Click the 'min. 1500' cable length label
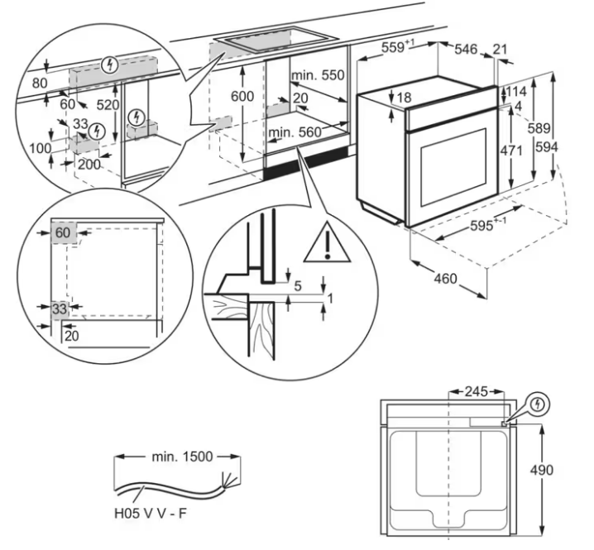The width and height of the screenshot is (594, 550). coord(182,457)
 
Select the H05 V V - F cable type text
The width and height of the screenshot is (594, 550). coord(151,514)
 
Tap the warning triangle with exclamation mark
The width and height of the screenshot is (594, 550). coord(328,243)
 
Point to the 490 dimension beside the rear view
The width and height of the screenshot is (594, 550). coord(541,470)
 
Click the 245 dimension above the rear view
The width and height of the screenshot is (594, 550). coord(477,391)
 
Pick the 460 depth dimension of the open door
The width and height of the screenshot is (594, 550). coord(445,279)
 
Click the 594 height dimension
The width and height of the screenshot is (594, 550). coord(547,146)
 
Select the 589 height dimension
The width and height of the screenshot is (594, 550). coord(539,128)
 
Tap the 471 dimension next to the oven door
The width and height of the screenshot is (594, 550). coord(511,151)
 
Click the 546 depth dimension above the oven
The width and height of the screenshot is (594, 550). coord(466,49)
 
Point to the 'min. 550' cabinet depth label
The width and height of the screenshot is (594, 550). coord(318,75)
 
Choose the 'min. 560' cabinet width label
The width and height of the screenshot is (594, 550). coord(295,132)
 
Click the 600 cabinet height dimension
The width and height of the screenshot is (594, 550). coord(242,96)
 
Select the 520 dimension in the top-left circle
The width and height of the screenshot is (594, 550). coord(108,105)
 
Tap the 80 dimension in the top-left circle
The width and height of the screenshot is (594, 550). coord(40,83)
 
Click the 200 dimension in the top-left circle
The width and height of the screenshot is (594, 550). coord(89,165)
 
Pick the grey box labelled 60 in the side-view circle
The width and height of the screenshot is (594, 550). coord(64,233)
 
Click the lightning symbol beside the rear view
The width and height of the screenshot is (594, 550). coord(538,404)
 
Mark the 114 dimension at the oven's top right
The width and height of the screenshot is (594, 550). coord(516,91)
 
